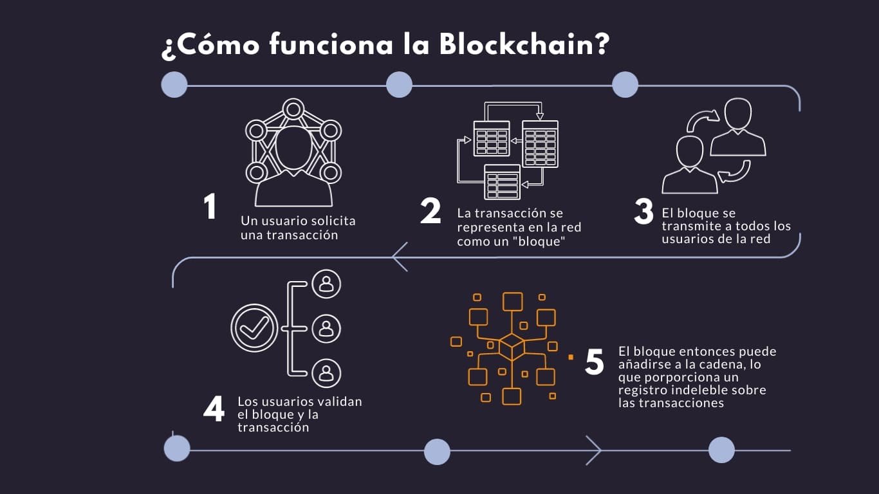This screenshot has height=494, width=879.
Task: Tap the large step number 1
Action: (210, 207)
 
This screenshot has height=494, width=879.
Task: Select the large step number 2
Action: (430, 212)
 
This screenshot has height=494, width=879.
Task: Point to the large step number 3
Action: (643, 212)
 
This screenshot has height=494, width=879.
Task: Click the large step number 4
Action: (214, 408)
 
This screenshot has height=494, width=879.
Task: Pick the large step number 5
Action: (595, 362)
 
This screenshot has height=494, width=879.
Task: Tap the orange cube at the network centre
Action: (512, 347)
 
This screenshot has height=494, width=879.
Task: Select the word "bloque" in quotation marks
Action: (538, 241)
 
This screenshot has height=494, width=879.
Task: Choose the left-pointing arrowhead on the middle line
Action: (399, 257)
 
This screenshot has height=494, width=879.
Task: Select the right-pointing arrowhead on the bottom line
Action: (593, 450)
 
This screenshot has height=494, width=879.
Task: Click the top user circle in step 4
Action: (326, 284)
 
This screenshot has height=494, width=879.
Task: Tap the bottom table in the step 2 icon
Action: (501, 182)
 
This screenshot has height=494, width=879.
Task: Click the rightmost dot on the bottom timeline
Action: (721, 450)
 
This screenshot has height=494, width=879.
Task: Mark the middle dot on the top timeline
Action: (399, 85)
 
